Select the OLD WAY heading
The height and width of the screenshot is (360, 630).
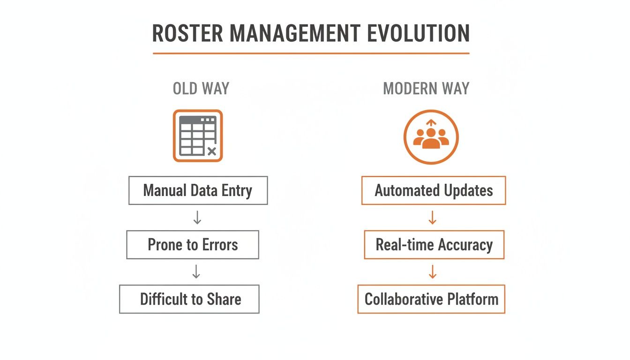point(201,89)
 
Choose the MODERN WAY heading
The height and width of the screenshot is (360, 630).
point(426,89)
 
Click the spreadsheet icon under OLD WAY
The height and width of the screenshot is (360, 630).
point(197,136)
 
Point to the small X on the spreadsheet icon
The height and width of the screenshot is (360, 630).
point(211,151)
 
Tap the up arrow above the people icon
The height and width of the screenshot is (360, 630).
point(431,123)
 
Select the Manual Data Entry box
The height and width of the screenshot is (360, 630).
point(198,191)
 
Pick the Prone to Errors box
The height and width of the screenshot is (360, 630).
point(193,245)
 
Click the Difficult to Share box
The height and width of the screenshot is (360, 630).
point(190,299)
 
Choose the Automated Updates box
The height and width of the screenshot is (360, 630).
point(434,191)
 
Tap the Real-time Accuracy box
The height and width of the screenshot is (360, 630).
point(434,245)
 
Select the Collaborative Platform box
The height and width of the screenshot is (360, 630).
point(431,299)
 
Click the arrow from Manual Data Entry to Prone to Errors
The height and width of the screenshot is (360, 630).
point(197,217)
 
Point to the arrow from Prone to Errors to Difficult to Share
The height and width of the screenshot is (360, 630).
point(196,271)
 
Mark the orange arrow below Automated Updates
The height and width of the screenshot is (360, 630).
point(433,217)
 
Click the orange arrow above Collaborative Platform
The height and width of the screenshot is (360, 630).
point(433,271)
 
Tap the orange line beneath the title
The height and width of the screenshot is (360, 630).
point(311,53)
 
